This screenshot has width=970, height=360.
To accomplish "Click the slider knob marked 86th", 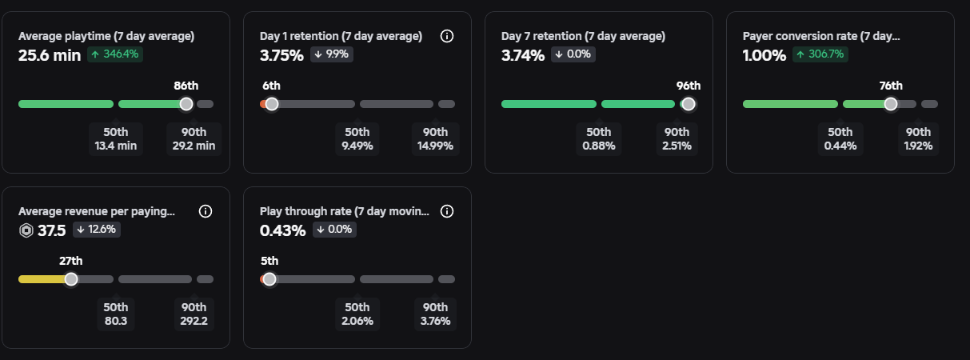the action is pyautogui.click(x=186, y=104).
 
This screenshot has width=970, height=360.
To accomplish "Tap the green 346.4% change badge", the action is pyautogui.click(x=115, y=54).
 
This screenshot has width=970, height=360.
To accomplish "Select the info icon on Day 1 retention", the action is pyautogui.click(x=447, y=36).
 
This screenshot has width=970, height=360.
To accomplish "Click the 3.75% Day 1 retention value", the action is pyautogui.click(x=281, y=55).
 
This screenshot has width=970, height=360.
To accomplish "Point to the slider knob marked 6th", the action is pyautogui.click(x=272, y=104).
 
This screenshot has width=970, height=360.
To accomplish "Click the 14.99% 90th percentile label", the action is pyautogui.click(x=435, y=139).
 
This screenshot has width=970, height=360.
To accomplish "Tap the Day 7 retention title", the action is pyautogui.click(x=583, y=36).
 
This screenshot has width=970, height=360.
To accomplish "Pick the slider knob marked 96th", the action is pyautogui.click(x=688, y=104).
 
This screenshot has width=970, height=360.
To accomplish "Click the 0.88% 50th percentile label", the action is pyautogui.click(x=599, y=139).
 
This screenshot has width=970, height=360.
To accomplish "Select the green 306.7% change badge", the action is pyautogui.click(x=820, y=54).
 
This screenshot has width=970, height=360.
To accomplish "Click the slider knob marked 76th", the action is pyautogui.click(x=891, y=104).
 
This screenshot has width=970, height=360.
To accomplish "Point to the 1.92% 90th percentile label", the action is pyautogui.click(x=918, y=139).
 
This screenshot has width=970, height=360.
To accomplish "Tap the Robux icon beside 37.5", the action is pyautogui.click(x=26, y=230).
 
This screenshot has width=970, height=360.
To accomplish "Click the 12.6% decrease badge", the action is pyautogui.click(x=97, y=229).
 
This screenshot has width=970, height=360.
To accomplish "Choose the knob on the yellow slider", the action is pyautogui.click(x=71, y=279).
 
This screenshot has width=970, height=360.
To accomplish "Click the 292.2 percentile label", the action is pyautogui.click(x=194, y=314).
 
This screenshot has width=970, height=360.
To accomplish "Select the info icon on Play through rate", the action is pyautogui.click(x=447, y=211).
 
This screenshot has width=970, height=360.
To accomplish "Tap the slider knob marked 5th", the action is pyautogui.click(x=269, y=279).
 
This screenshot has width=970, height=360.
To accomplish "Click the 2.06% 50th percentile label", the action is pyautogui.click(x=357, y=314).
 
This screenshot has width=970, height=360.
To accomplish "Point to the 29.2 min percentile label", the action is pyautogui.click(x=194, y=139).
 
